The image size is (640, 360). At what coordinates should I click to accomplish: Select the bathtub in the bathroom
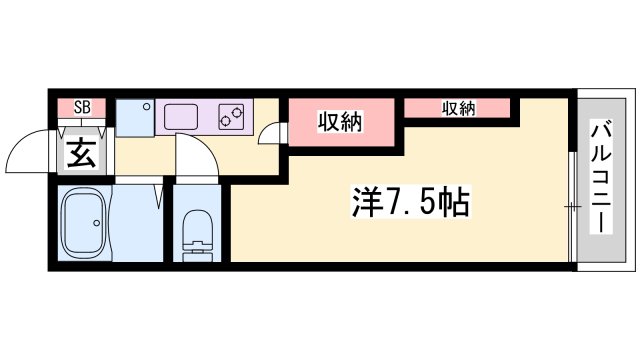point(82,225)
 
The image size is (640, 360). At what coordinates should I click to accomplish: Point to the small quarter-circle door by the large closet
point(271,135)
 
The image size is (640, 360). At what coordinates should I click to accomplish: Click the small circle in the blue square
point(145,105)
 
